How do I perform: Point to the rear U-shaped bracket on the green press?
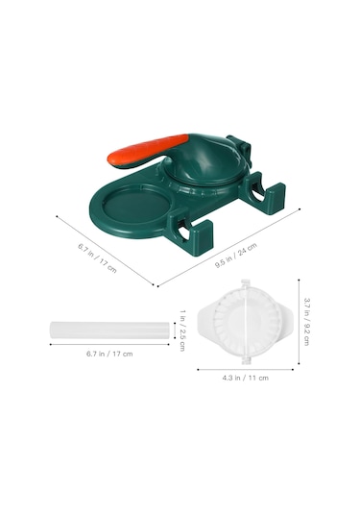pyautogui.click(x=261, y=192)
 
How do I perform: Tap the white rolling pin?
pyautogui.click(x=109, y=330)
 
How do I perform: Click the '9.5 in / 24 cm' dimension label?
pyautogui.click(x=236, y=256)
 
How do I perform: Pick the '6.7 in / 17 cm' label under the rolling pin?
pyautogui.click(x=109, y=354)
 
